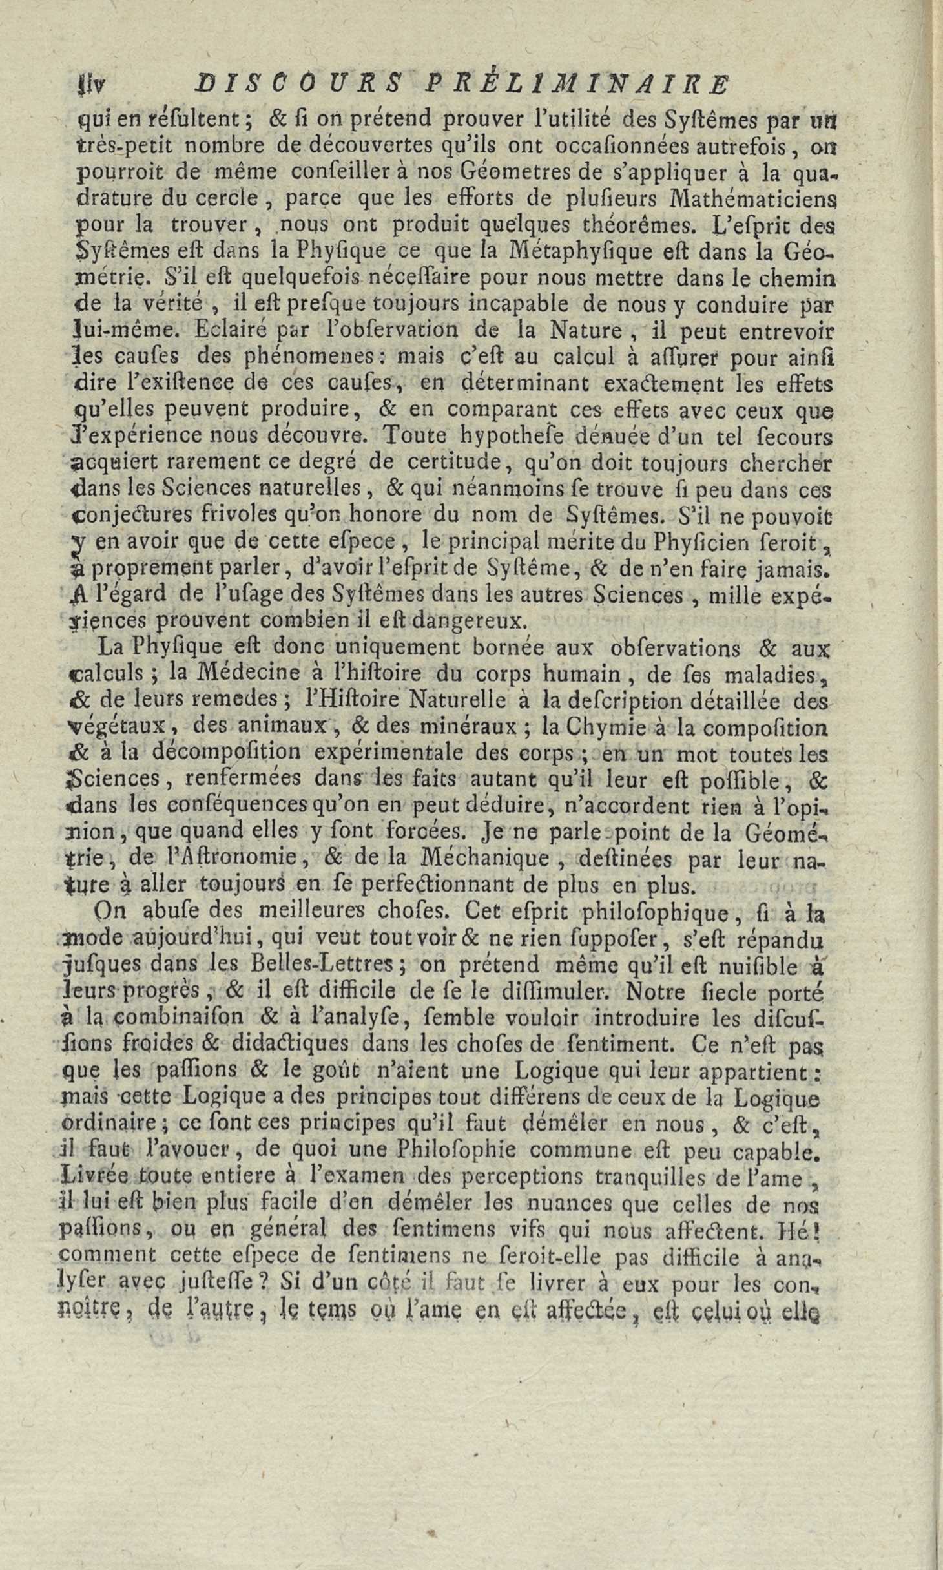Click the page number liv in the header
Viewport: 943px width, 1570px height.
click(85, 85)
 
